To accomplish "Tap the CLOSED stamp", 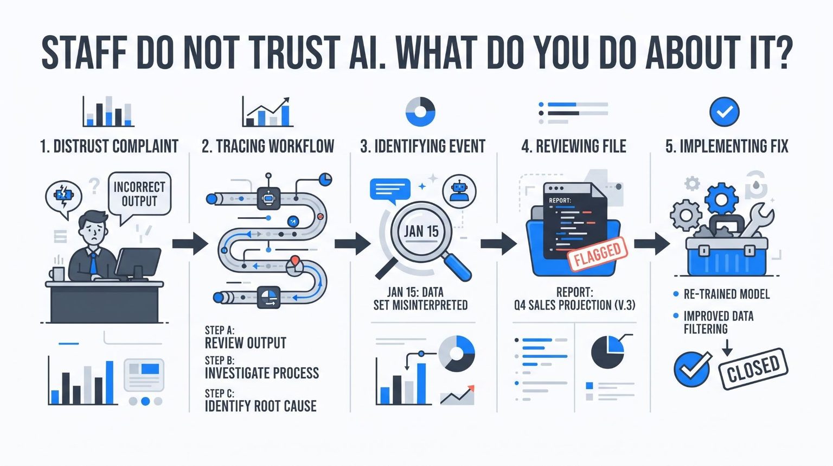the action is coord(753,368).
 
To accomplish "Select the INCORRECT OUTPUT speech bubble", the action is coord(139,197).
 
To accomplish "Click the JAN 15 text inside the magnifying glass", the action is coord(421,231).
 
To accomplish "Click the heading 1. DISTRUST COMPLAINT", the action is coord(109,146).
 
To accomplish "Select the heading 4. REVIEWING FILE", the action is coord(574,146).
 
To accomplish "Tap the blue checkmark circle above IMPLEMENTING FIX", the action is coord(725,112).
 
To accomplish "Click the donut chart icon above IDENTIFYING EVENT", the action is coord(420,112).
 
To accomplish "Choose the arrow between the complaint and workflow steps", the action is coord(190,244).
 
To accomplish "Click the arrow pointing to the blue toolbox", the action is coord(652,244).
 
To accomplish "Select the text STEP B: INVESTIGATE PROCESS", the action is coord(262,368).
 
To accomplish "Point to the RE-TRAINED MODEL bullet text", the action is coord(727,294).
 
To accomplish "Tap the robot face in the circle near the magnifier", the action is coord(459,191).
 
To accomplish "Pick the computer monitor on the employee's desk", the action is coord(138,263).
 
